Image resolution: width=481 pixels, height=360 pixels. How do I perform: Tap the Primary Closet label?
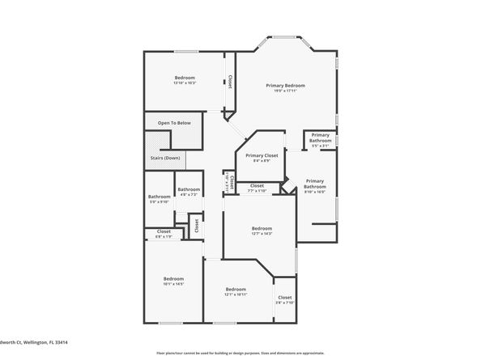coord(262,155)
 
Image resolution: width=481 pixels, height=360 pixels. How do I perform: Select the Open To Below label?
coord(174,123)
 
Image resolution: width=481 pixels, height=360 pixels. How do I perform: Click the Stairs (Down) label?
coord(165,158)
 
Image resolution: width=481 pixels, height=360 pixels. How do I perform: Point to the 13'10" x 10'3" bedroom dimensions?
coord(185,83)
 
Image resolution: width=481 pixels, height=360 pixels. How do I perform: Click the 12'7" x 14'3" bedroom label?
coord(262,229)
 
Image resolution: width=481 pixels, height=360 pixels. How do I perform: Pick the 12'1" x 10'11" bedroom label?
coord(236,289)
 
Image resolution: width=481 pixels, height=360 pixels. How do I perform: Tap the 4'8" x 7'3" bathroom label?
coord(189,190)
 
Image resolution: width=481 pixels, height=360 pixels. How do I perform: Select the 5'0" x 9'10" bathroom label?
coord(159,197)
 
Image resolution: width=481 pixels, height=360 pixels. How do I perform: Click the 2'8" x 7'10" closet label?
coord(284,298)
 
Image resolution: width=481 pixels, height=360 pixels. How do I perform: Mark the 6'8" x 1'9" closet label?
coord(164,231)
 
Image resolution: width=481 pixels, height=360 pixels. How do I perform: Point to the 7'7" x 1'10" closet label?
coord(257,186)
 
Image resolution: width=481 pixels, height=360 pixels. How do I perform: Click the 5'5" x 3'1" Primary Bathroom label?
coord(320,138)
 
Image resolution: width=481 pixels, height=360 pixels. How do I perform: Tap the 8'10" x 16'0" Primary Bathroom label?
coord(314,184)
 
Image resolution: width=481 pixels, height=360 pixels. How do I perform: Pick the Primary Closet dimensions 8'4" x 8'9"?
coord(262,160)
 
